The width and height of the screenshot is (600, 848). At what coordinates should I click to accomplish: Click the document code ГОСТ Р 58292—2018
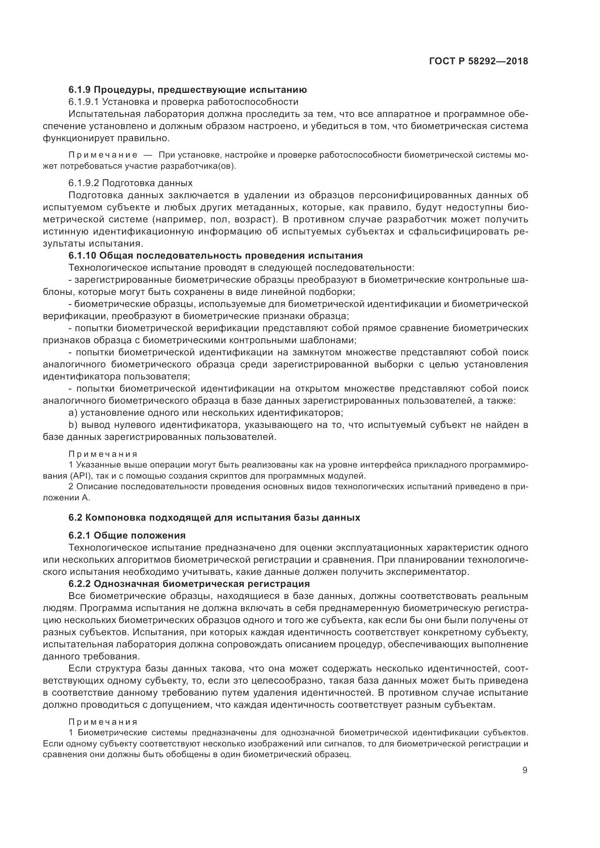(478, 61)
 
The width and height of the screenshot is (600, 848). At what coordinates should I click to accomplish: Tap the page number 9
(525, 770)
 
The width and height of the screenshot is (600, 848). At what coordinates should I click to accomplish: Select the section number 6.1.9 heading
(80, 89)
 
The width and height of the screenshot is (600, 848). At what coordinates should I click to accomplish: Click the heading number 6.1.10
(82, 256)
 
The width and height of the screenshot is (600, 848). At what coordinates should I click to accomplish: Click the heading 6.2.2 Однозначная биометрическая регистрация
(189, 584)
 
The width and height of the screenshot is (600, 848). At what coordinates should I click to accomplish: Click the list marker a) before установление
(73, 413)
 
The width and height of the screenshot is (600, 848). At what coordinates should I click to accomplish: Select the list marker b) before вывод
(73, 425)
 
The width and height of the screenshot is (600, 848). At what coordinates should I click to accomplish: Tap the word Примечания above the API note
(103, 454)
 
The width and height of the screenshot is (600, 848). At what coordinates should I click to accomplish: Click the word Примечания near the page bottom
(103, 722)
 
